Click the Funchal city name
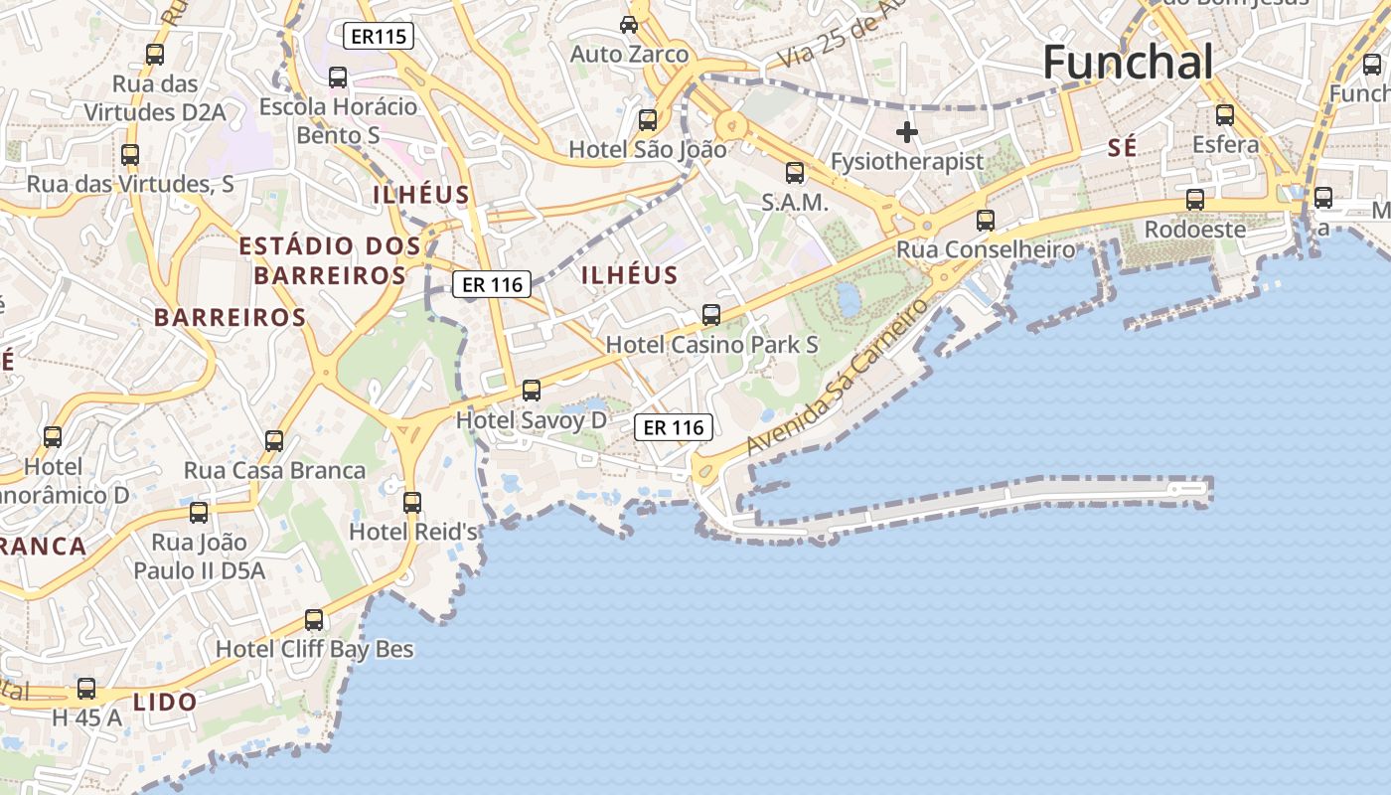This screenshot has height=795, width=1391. (1128, 63)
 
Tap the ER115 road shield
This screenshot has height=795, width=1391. (379, 37)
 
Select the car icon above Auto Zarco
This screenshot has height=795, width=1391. (629, 24)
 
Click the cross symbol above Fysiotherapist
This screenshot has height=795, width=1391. (906, 131)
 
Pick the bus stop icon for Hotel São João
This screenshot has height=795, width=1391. (648, 120)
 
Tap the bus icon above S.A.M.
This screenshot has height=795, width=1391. (795, 173)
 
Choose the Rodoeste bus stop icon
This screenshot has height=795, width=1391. (1195, 200)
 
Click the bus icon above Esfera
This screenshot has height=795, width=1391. (1225, 115)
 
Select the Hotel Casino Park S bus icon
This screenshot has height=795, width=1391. (711, 315)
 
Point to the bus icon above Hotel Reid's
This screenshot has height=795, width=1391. (412, 503)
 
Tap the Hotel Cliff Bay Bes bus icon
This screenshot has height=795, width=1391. (314, 620)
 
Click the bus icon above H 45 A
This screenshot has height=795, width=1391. (86, 689)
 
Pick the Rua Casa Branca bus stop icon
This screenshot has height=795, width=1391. (274, 441)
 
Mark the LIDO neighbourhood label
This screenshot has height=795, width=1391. (165, 702)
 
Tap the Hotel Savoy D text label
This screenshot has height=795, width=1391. (531, 420)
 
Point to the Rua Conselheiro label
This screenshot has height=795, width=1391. (986, 249)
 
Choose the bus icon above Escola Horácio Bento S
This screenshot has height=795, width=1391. (338, 78)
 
